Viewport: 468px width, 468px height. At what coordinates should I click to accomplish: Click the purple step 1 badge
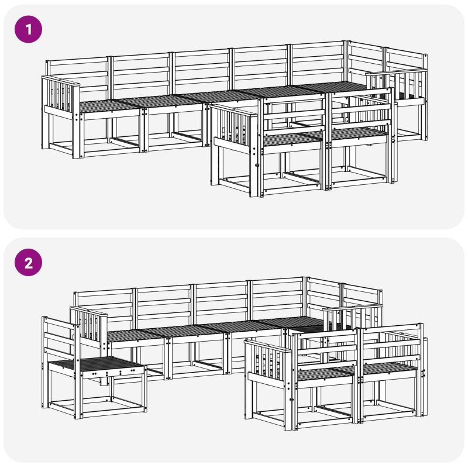point(28,29)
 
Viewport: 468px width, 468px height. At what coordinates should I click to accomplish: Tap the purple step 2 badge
point(28,262)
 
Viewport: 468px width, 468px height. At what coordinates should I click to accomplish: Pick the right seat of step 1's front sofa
point(358,134)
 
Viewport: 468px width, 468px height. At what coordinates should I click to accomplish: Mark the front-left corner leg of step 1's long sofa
point(76,136)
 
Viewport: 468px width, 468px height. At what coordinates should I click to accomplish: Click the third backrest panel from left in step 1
point(202,70)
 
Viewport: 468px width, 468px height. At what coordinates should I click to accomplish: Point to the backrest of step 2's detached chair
point(59,338)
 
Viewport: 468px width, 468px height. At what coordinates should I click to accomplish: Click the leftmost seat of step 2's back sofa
point(135,335)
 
